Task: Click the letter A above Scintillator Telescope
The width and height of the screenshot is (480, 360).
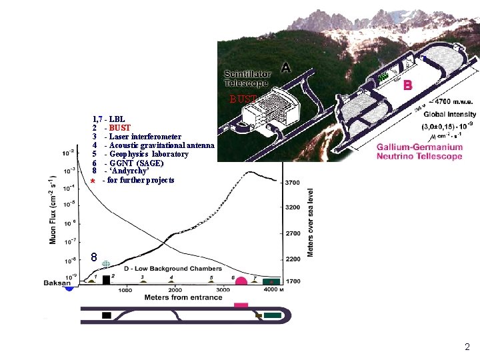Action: pos(286,67)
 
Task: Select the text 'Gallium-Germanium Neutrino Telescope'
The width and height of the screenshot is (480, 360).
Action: pos(419,151)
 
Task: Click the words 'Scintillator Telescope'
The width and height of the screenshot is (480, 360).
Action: pos(246,79)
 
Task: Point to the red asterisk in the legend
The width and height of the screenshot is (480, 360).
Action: pos(94,181)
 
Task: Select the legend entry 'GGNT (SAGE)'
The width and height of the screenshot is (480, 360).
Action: pos(137,163)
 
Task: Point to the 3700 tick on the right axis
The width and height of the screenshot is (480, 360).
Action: pos(293,182)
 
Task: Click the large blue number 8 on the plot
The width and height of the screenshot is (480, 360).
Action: pos(95,257)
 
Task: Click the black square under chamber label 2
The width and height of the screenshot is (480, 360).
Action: pos(107,280)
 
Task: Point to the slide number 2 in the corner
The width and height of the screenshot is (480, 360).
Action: pos(467,347)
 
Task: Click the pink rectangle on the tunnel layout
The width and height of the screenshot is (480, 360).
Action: pos(241,305)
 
